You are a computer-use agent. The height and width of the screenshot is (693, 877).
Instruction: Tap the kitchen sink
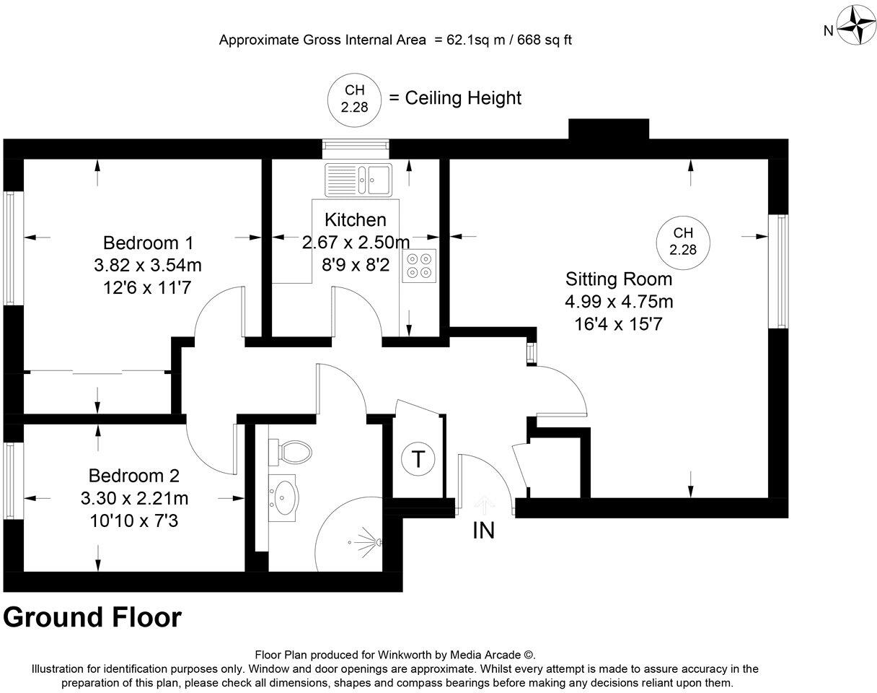[358, 179]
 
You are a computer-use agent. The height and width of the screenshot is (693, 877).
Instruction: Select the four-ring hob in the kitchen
[419, 265]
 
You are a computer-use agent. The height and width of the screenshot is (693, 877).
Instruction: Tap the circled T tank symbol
[417, 459]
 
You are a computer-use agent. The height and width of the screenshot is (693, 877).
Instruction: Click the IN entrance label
[483, 531]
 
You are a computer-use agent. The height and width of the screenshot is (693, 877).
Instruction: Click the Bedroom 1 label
[148, 243]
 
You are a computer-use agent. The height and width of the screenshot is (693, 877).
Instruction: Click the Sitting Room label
[618, 279]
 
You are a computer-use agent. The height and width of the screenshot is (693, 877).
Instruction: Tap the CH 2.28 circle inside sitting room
[683, 242]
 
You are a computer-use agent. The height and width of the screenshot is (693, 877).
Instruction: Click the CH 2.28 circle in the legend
[354, 97]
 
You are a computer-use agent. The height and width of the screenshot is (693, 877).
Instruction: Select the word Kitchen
[355, 219]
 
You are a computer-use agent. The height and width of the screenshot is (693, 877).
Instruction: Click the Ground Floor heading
[92, 618]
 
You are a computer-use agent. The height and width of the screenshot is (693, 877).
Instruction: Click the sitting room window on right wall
[778, 271]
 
